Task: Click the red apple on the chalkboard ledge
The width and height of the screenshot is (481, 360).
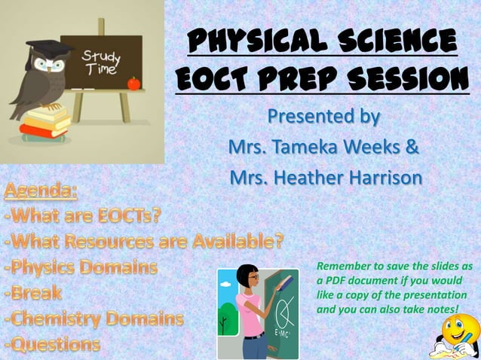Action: click(x=133, y=84)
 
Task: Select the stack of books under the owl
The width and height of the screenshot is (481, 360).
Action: click(x=45, y=123)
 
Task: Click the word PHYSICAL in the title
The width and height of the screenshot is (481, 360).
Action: click(x=248, y=42)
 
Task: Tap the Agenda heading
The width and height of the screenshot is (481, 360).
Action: click(x=41, y=189)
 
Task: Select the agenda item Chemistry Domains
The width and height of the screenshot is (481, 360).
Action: click(x=93, y=318)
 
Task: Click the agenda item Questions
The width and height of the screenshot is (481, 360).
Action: click(x=52, y=344)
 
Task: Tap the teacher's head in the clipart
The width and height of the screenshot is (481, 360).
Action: click(x=248, y=277)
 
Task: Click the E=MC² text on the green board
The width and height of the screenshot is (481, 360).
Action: click(x=285, y=331)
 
